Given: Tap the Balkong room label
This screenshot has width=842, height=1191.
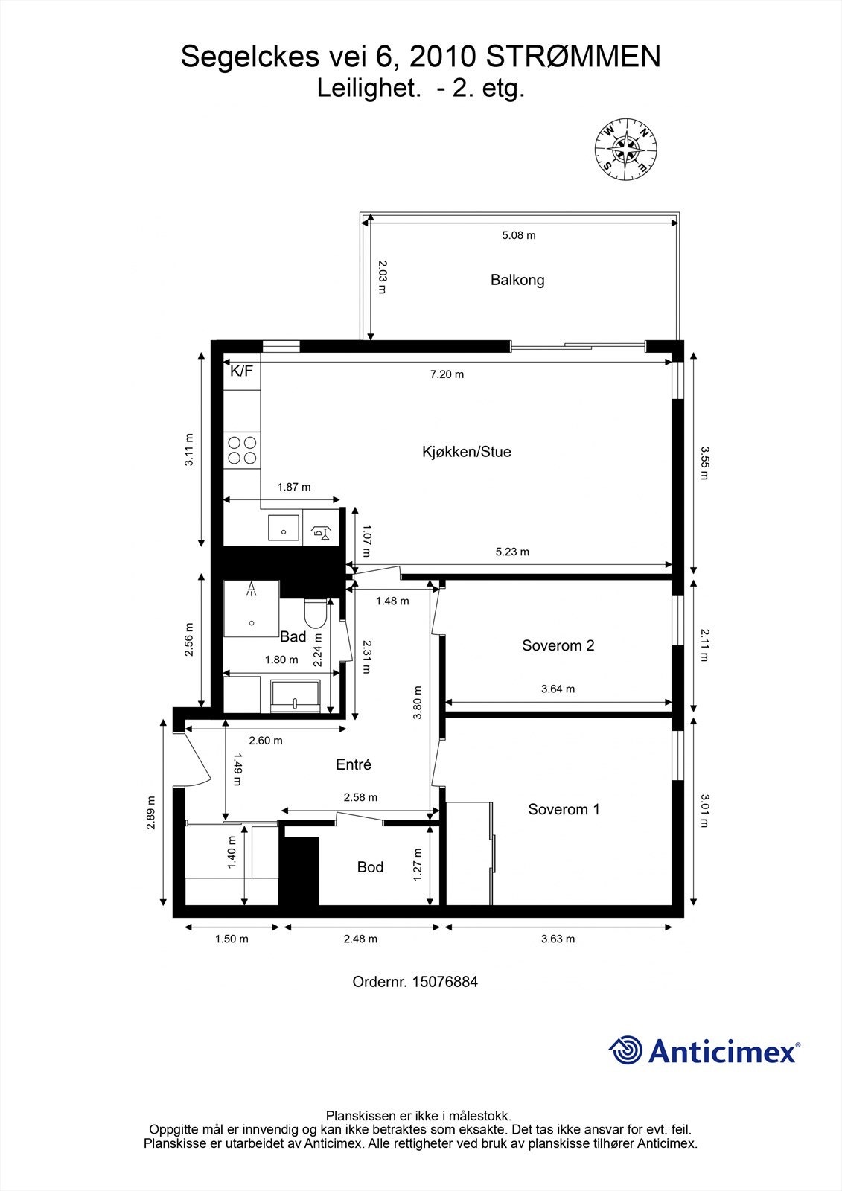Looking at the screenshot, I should click(517, 280).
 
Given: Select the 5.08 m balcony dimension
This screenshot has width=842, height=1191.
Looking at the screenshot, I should click(519, 235).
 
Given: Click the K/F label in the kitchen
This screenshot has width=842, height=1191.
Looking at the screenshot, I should click(241, 371).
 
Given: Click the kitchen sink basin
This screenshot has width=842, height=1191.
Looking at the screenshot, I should click(284, 529).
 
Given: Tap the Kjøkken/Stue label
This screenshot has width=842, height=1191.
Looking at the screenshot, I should click(466, 452).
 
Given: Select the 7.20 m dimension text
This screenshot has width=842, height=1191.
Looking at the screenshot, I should click(447, 374).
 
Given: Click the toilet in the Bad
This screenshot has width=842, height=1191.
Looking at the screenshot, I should click(316, 613).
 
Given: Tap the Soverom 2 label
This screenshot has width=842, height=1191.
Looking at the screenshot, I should click(558, 645).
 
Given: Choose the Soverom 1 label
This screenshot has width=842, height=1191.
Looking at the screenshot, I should click(564, 809).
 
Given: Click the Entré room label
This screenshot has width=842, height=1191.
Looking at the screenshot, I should click(354, 764).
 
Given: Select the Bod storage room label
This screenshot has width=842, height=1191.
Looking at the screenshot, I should click(370, 867).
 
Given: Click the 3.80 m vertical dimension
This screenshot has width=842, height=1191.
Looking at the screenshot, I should click(418, 702).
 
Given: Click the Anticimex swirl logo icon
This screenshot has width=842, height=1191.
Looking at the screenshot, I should click(625, 1050).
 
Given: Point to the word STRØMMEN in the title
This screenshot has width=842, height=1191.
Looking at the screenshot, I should click(573, 57).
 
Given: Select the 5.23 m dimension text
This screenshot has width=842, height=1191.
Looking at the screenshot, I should click(512, 552).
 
